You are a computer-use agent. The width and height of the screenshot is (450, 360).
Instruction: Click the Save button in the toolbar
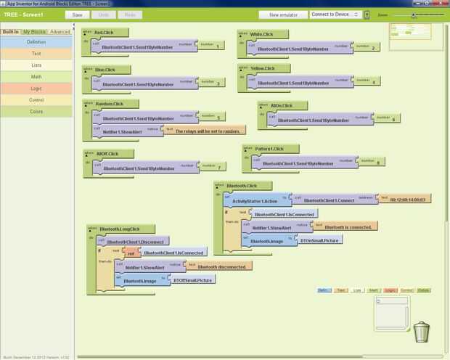coord(78,15)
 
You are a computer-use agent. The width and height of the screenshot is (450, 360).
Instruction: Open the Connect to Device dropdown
coord(335,15)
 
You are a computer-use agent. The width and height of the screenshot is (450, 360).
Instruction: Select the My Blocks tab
coord(34,32)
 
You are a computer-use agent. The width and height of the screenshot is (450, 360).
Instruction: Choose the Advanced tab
coord(60,32)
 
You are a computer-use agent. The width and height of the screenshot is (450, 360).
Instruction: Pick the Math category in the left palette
coord(36,76)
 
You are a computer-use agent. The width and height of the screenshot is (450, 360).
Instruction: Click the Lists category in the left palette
coord(36,65)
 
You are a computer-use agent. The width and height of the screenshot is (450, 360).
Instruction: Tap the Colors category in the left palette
coord(36,111)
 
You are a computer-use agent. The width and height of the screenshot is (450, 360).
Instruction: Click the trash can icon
coord(421,332)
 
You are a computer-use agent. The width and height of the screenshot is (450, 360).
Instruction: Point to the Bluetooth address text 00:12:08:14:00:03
coord(410,199)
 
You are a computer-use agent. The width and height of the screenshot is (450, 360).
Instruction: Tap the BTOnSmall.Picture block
coord(319,240)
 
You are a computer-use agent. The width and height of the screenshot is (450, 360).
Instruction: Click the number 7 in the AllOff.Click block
coord(211,167)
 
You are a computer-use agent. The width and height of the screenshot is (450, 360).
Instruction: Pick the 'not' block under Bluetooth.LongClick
coord(131,253)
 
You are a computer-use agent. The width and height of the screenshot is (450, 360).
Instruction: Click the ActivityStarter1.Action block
coord(256,200)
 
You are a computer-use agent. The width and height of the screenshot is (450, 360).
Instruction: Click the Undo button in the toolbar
coord(104,15)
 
